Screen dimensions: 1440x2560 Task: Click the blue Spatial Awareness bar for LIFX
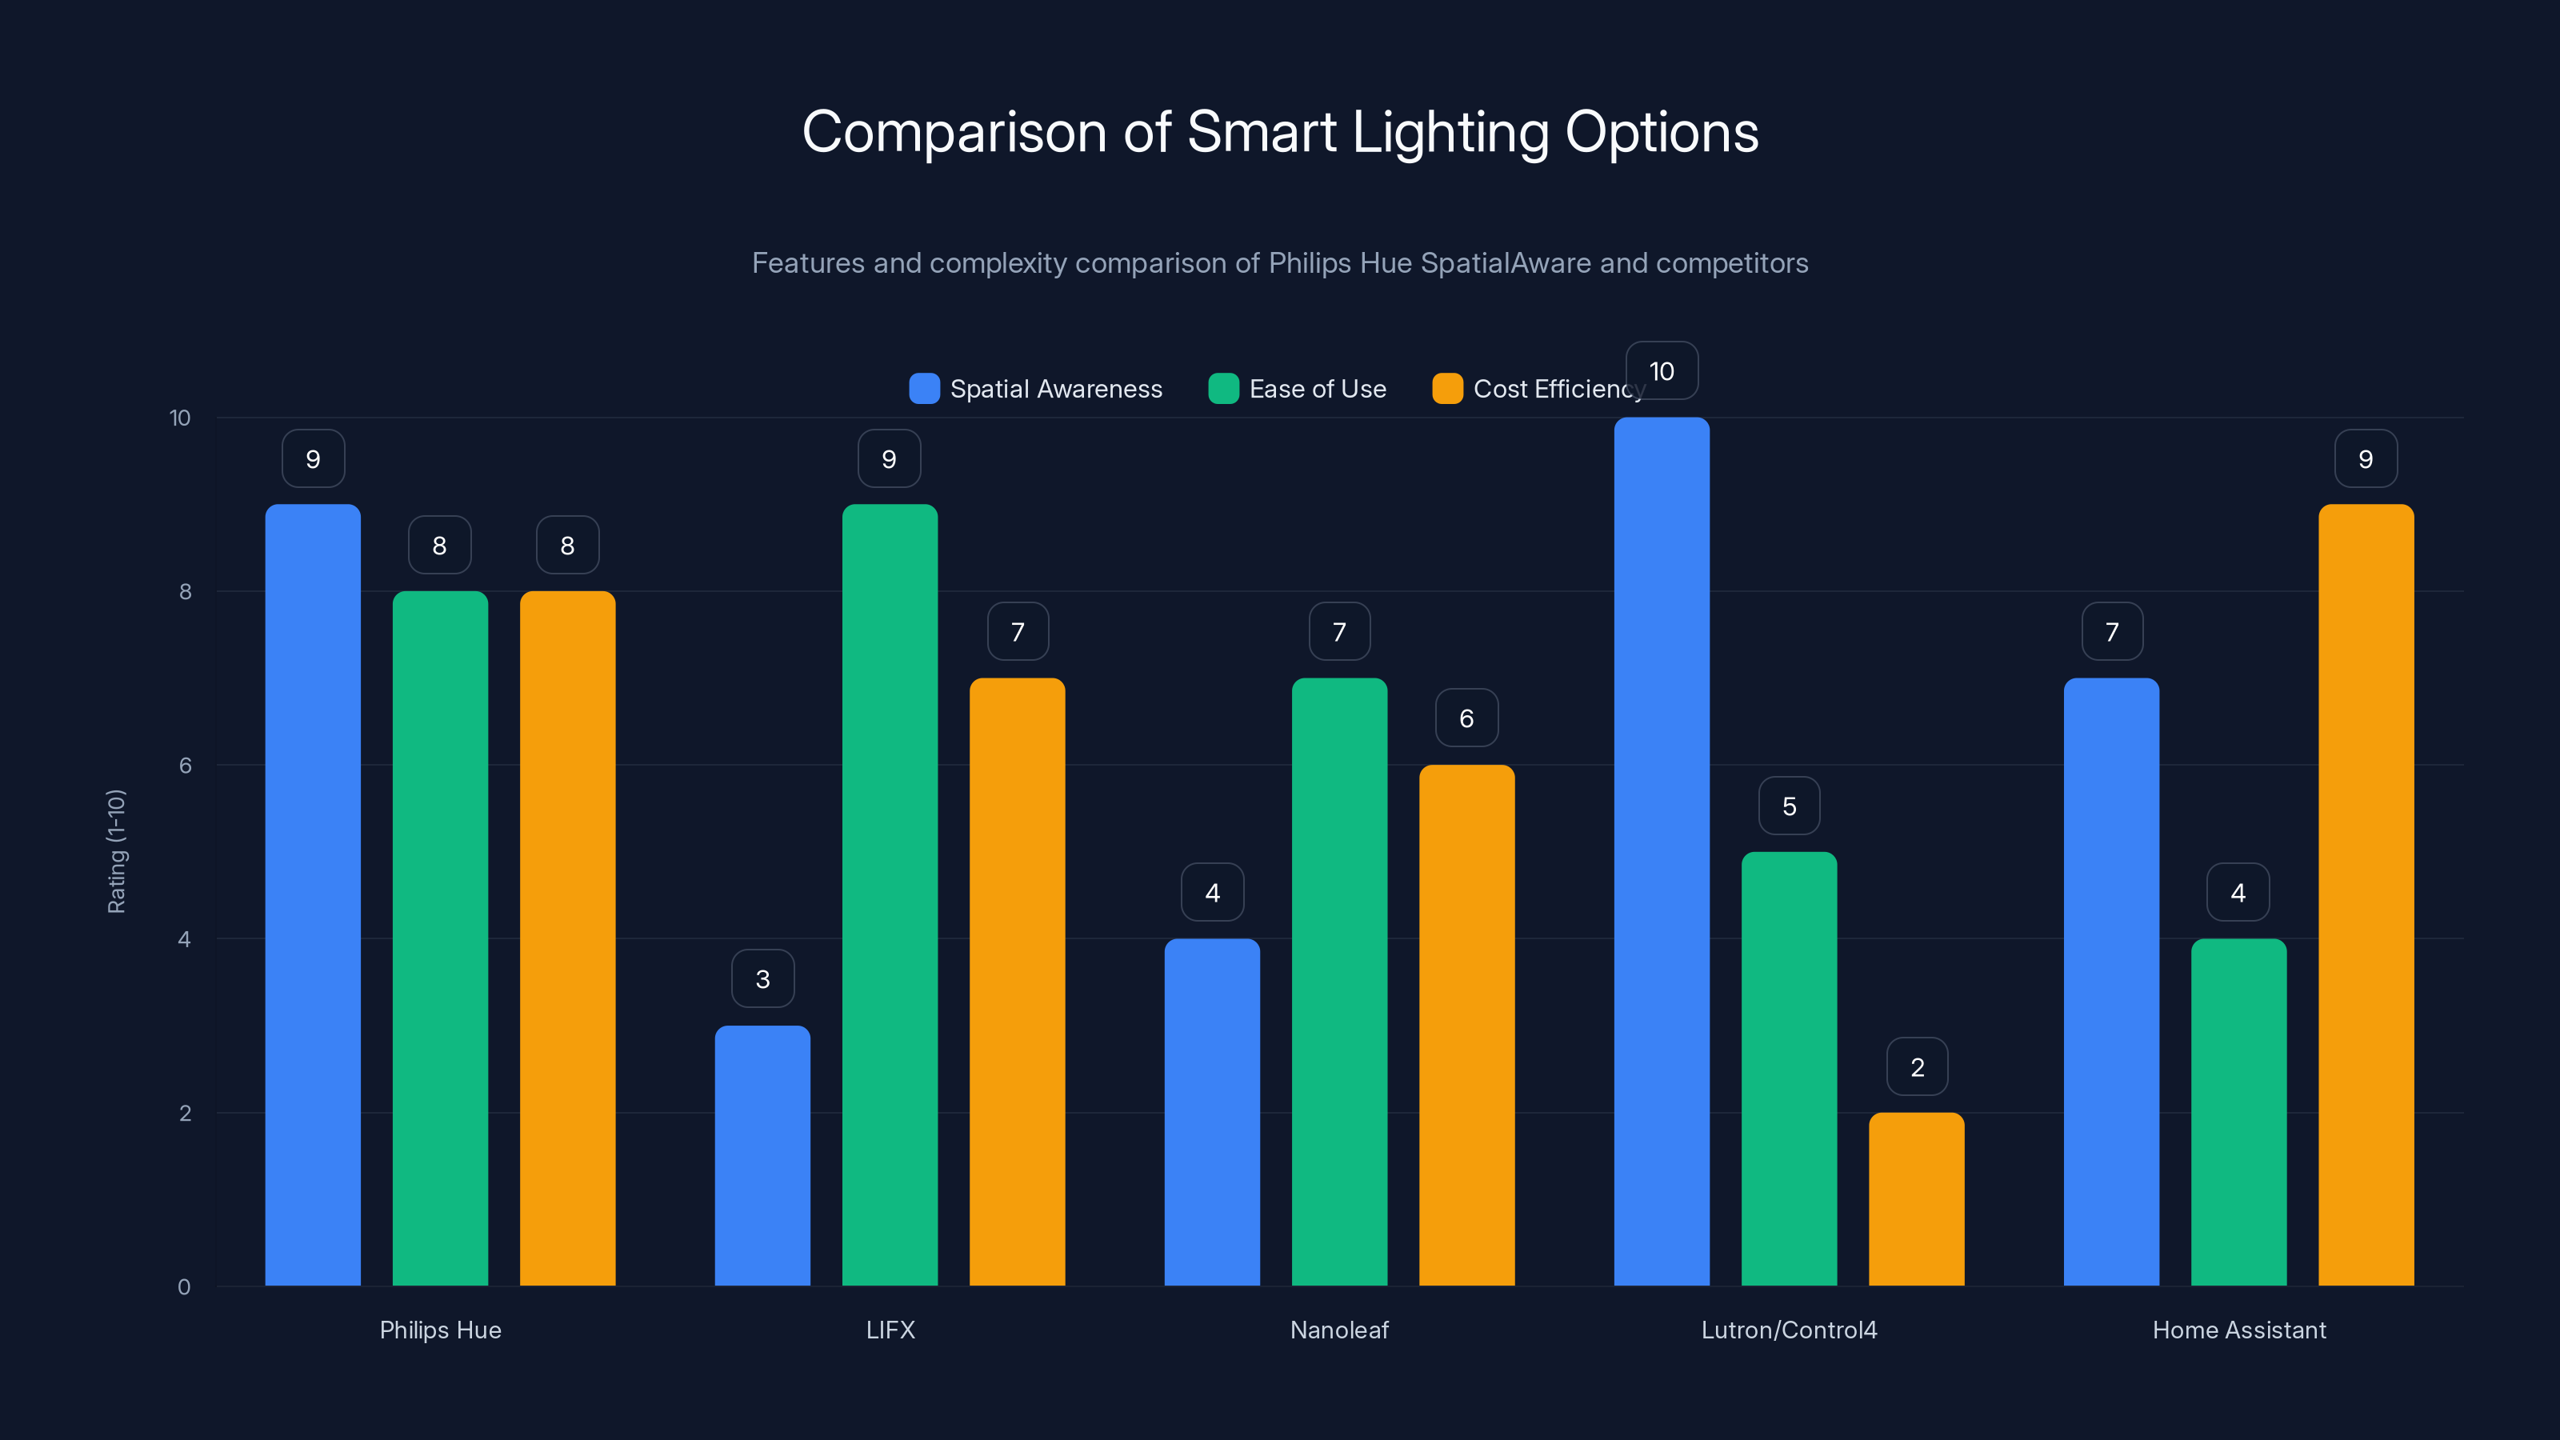(762, 1156)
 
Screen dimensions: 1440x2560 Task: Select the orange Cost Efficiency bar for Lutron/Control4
(1916, 1199)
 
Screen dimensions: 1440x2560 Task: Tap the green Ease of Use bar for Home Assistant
(2238, 1112)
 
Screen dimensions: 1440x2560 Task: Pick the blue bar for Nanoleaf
(1211, 1112)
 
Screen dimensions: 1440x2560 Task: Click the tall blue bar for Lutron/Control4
(1662, 852)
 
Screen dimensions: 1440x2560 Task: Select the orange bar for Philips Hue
(567, 938)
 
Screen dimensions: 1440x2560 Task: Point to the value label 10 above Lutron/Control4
(1662, 370)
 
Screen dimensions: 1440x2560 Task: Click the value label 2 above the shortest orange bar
(1917, 1067)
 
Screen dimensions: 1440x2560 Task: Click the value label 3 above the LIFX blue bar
(762, 979)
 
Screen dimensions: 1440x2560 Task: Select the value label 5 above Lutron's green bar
(1789, 806)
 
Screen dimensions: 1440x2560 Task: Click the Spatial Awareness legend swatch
(924, 389)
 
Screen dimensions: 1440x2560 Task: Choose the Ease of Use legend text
(1317, 389)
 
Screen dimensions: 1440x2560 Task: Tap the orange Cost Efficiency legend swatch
(1447, 389)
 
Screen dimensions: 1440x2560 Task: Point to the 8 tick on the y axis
(185, 591)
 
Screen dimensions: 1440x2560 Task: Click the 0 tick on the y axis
(184, 1287)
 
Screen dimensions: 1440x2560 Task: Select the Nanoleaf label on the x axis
(1338, 1330)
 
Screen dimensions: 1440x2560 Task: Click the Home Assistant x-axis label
(2238, 1330)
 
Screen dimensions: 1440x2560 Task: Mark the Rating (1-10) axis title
(116, 852)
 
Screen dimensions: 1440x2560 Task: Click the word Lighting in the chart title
(1449, 132)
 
